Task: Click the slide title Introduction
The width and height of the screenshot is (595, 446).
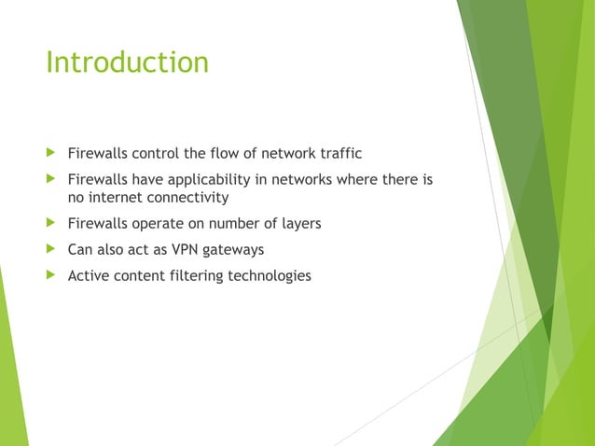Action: coord(127,63)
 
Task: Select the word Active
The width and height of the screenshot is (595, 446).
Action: coord(90,275)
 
